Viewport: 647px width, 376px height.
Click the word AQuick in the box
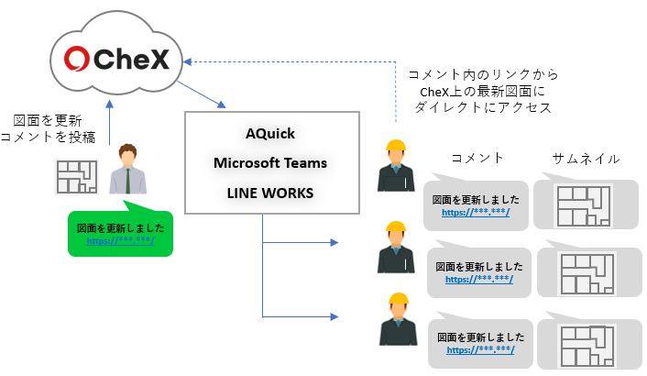click(270, 134)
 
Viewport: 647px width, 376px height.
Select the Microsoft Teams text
click(270, 163)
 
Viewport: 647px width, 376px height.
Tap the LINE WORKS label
click(270, 194)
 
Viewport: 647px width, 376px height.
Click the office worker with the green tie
click(127, 170)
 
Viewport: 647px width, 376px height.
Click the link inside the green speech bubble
click(120, 240)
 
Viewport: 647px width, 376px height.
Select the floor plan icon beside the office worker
click(76, 177)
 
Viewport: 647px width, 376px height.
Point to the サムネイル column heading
click(586, 158)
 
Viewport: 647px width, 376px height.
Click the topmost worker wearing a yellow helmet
click(396, 166)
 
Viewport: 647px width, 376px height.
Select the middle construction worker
click(396, 247)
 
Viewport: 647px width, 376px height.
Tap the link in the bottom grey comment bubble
click(480, 350)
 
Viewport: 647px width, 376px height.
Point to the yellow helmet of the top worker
click(396, 148)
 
